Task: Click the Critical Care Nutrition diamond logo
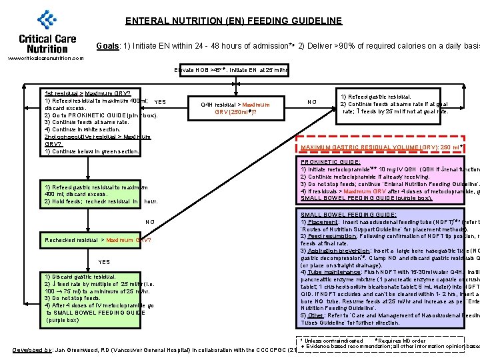click(x=47, y=20)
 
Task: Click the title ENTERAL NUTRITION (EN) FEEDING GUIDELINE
click(x=233, y=21)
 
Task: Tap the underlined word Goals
click(x=107, y=46)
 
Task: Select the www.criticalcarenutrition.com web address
click(x=45, y=58)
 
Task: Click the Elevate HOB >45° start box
click(x=231, y=69)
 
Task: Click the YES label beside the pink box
click(x=159, y=102)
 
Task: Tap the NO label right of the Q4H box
click(x=312, y=102)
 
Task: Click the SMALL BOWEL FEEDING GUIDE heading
click(x=349, y=215)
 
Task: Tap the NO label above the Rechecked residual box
click(x=149, y=222)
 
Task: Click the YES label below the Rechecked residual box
click(x=104, y=262)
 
